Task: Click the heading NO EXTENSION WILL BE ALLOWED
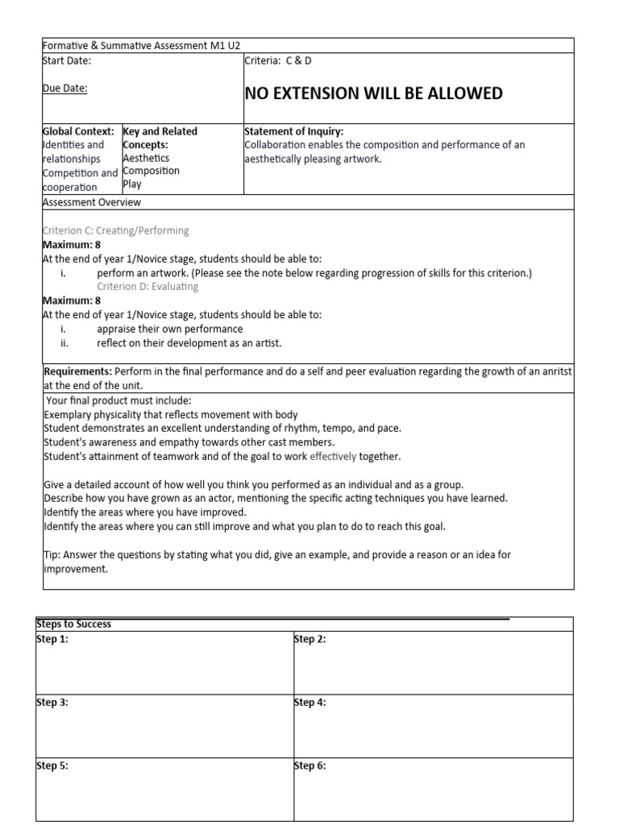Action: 373,93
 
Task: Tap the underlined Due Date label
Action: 64,89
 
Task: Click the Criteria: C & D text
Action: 277,60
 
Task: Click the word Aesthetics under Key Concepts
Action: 146,158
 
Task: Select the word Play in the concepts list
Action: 131,184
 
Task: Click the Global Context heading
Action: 78,131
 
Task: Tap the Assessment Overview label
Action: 91,202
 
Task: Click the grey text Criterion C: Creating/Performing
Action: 115,230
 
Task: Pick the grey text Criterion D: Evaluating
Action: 147,285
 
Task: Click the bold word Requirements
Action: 77,371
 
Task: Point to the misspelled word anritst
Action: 558,371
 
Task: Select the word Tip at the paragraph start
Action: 51,554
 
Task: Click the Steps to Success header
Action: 74,624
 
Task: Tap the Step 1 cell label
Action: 53,639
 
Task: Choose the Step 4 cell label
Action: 310,703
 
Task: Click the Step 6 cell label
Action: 310,766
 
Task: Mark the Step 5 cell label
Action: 53,766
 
